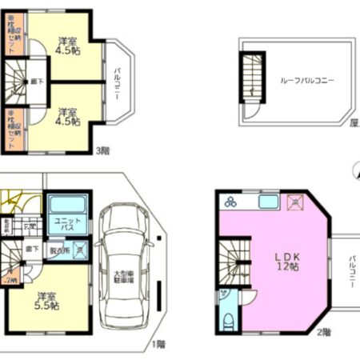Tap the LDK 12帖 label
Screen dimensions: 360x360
tap(284, 259)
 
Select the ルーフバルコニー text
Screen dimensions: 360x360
tap(307, 81)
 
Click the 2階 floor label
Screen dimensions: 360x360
tap(323, 330)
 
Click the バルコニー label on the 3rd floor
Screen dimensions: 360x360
tap(117, 82)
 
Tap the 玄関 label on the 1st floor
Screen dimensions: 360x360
tap(29, 227)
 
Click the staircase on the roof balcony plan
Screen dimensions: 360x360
tap(253, 75)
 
